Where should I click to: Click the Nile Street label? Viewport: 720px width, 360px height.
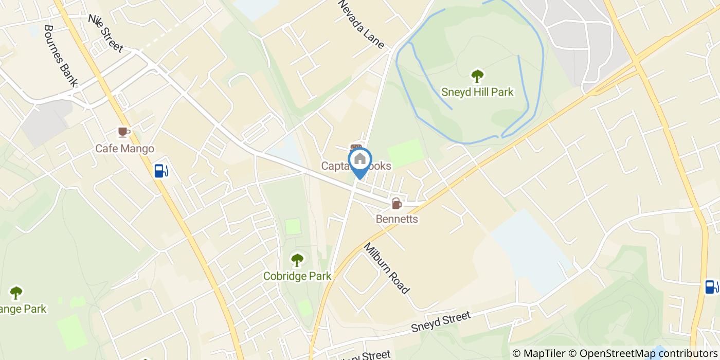click(106, 33)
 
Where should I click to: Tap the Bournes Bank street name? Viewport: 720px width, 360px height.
click(61, 56)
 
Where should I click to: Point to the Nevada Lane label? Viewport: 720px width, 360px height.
click(361, 24)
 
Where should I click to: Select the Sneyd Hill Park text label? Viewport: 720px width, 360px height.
click(477, 93)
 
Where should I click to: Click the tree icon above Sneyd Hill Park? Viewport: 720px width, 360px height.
click(477, 76)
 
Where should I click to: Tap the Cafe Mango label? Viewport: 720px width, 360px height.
click(124, 149)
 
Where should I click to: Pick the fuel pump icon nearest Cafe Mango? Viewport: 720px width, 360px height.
click(161, 170)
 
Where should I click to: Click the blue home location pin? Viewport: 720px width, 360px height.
click(360, 160)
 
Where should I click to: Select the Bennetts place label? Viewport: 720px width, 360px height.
click(397, 219)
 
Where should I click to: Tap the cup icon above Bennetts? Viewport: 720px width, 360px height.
click(397, 204)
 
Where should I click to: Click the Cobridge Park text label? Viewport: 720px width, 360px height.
click(297, 276)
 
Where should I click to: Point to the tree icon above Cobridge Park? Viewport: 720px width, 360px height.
click(297, 260)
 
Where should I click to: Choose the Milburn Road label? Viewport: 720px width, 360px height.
click(387, 268)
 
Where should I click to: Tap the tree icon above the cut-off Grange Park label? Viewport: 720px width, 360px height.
click(16, 293)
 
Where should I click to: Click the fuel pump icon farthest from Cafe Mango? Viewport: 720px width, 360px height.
click(711, 286)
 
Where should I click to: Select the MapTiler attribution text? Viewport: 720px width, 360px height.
click(538, 353)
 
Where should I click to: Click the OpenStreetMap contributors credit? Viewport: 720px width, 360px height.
click(643, 353)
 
